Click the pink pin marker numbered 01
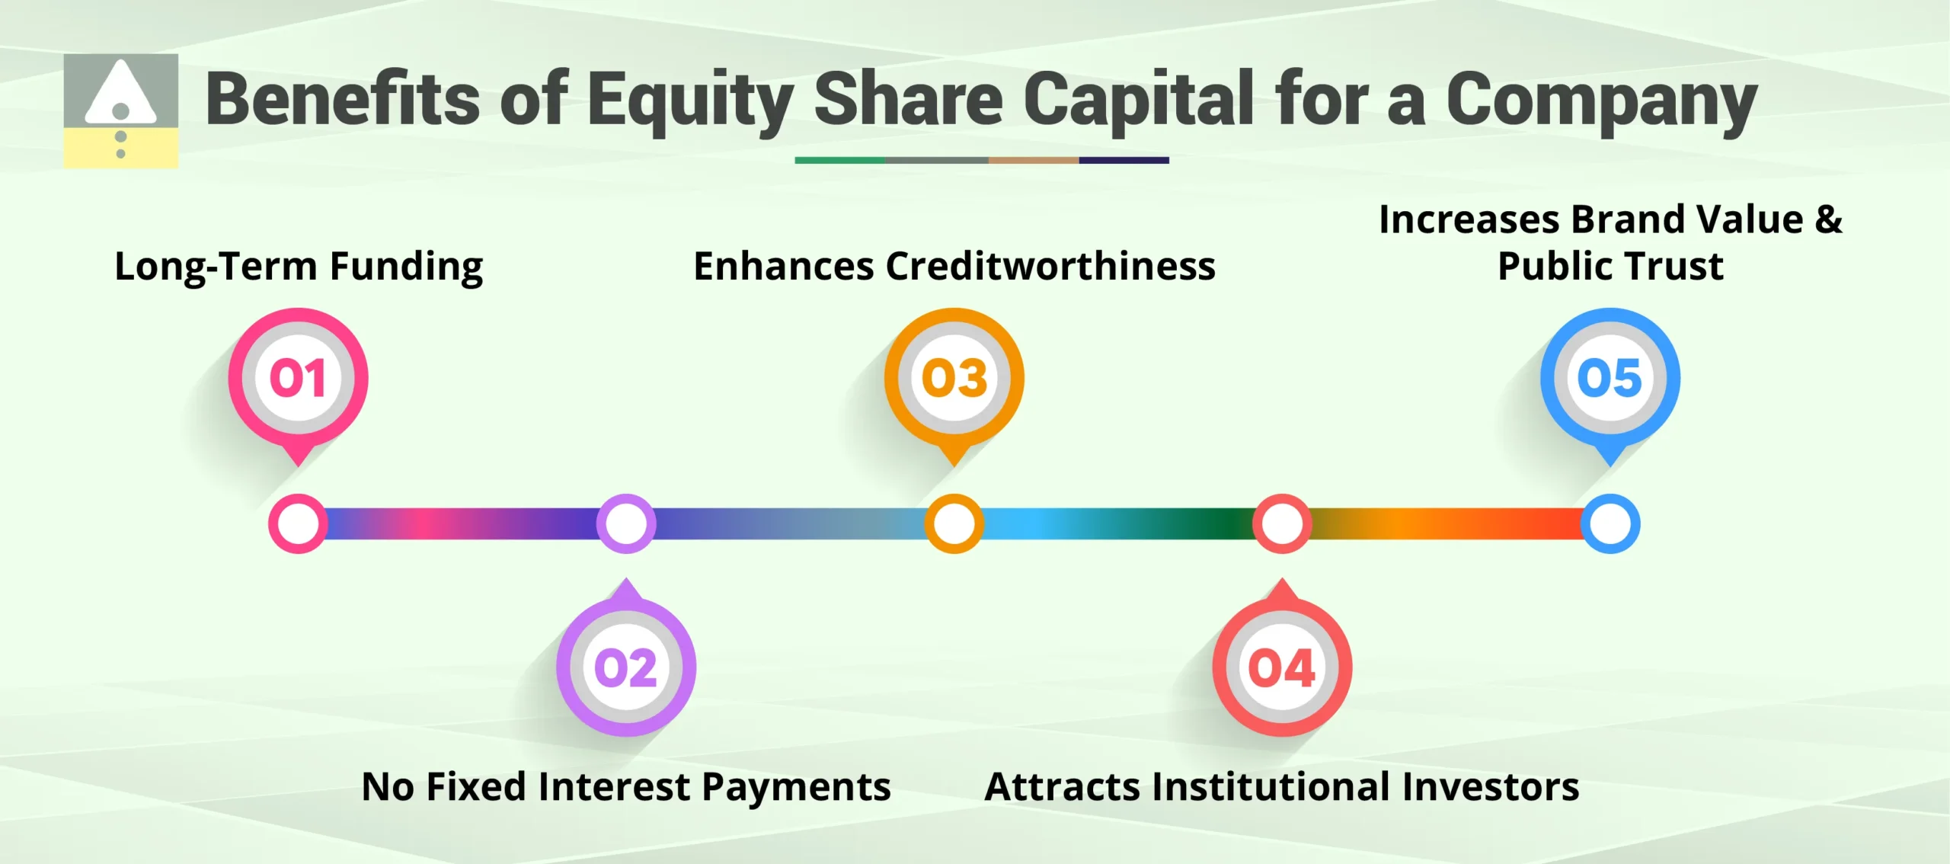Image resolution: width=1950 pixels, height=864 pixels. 298,379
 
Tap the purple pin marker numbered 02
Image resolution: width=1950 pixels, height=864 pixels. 625,667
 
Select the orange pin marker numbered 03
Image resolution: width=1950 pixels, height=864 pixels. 954,379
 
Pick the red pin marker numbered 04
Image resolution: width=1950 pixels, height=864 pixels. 1282,667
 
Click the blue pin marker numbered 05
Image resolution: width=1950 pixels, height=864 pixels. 1610,379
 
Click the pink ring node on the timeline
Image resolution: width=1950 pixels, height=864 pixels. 298,524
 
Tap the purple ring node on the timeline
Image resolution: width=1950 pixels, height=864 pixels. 625,524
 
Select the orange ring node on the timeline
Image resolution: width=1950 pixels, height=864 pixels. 954,524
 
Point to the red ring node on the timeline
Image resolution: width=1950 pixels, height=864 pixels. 1282,524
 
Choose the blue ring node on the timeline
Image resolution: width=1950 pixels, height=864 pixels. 1610,524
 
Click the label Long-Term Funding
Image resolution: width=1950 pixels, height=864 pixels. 299,267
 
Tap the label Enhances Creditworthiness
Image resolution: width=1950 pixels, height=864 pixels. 954,267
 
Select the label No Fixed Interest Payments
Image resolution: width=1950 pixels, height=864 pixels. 625,787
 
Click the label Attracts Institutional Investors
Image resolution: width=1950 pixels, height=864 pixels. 1282,787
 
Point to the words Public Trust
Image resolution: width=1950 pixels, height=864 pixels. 1610,267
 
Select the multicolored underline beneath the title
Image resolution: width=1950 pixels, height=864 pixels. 981,161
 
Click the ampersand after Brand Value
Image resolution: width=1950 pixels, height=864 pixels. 1828,219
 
